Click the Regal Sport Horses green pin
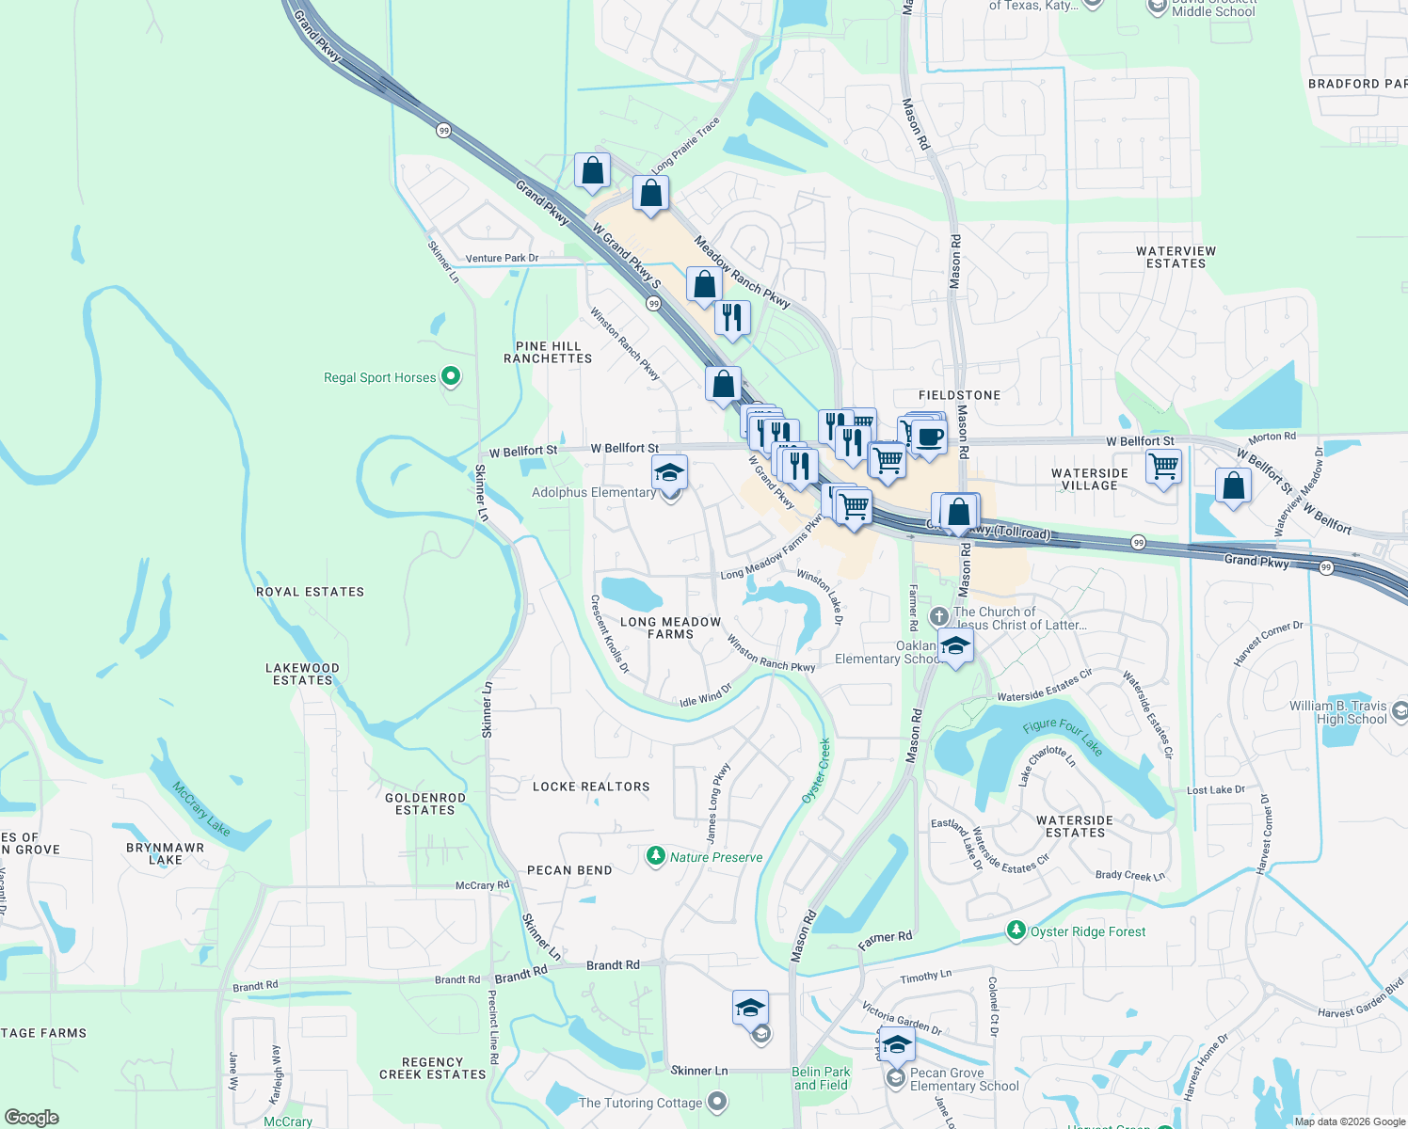click(451, 376)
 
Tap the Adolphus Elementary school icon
click(669, 471)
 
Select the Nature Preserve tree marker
click(656, 856)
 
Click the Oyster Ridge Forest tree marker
click(1016, 930)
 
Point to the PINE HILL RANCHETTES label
click(548, 352)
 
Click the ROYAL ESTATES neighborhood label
click(310, 592)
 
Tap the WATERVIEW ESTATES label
click(1176, 257)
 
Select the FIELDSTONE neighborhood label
click(959, 395)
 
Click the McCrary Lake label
click(201, 807)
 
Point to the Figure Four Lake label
click(1063, 737)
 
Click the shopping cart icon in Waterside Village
click(1164, 465)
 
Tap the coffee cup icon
click(929, 437)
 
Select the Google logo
click(31, 1118)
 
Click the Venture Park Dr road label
click(502, 258)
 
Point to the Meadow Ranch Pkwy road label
click(742, 272)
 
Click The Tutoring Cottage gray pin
click(717, 1101)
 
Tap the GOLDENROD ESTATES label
click(425, 803)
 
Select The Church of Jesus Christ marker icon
click(938, 616)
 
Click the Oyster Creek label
click(816, 771)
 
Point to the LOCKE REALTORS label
click(591, 787)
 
